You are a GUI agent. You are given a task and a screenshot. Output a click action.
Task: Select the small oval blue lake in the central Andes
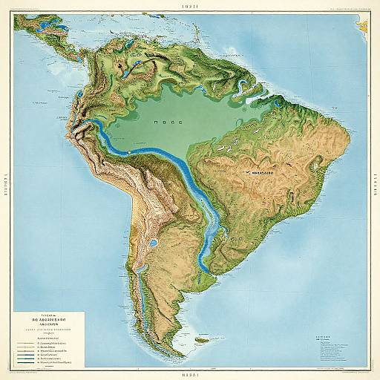point(152,242)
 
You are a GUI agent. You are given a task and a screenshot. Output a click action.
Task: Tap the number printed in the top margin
point(190,4)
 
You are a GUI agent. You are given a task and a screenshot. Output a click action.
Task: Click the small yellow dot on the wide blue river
point(129,151)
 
